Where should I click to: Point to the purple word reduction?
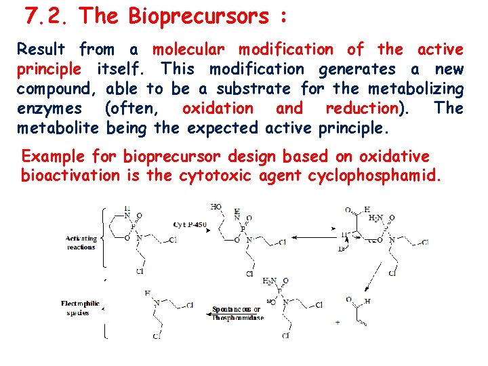pyautogui.click(x=361, y=108)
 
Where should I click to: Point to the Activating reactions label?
pyautogui.click(x=81, y=243)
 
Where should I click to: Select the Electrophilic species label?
pyautogui.click(x=80, y=308)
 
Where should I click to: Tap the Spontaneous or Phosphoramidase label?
pyautogui.click(x=237, y=312)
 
